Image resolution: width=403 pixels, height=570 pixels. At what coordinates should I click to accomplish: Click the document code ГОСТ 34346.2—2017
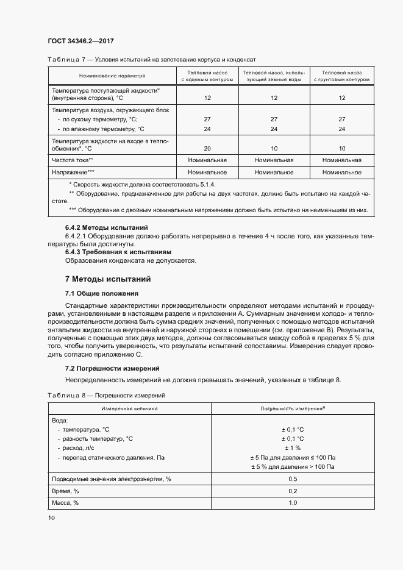click(x=80, y=41)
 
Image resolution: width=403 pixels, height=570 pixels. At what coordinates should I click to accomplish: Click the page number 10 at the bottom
click(x=51, y=518)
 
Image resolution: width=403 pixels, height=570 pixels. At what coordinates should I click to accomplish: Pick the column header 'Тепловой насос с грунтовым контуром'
click(x=341, y=76)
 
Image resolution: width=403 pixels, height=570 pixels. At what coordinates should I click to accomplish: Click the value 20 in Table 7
click(x=207, y=148)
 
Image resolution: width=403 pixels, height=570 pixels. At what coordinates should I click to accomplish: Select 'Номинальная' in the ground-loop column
click(x=341, y=160)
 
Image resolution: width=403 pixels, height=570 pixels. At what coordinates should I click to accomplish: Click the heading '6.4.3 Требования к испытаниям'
click(x=118, y=252)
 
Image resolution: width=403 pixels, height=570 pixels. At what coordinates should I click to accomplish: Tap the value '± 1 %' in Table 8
click(x=292, y=447)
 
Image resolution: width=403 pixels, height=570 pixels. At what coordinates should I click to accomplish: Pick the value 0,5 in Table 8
click(x=292, y=479)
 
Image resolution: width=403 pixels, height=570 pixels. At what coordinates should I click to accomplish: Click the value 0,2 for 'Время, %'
click(x=292, y=491)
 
